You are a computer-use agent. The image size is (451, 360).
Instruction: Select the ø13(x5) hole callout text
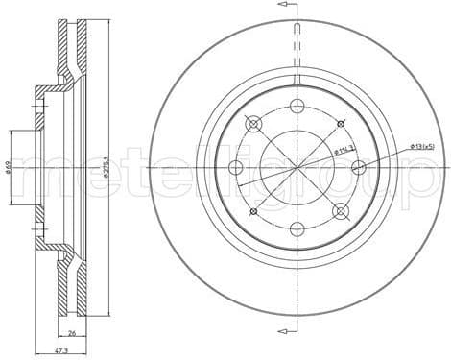[x=423, y=145]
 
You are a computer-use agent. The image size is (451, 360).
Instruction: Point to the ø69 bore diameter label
[x=9, y=167]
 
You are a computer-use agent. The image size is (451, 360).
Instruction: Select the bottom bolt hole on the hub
[x=297, y=228]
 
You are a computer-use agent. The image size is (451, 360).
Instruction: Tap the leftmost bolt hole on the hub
[x=236, y=167]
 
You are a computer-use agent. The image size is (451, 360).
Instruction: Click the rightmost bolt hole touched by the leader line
[x=358, y=167]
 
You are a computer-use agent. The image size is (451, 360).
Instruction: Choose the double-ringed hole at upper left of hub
[x=253, y=124]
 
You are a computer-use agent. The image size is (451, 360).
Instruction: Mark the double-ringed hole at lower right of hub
[x=340, y=210]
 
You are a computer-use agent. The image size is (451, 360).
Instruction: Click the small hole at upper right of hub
[x=340, y=124]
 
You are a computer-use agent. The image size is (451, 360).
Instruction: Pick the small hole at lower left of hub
[x=253, y=210]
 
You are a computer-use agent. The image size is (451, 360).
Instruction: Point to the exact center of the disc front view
[x=297, y=167]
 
